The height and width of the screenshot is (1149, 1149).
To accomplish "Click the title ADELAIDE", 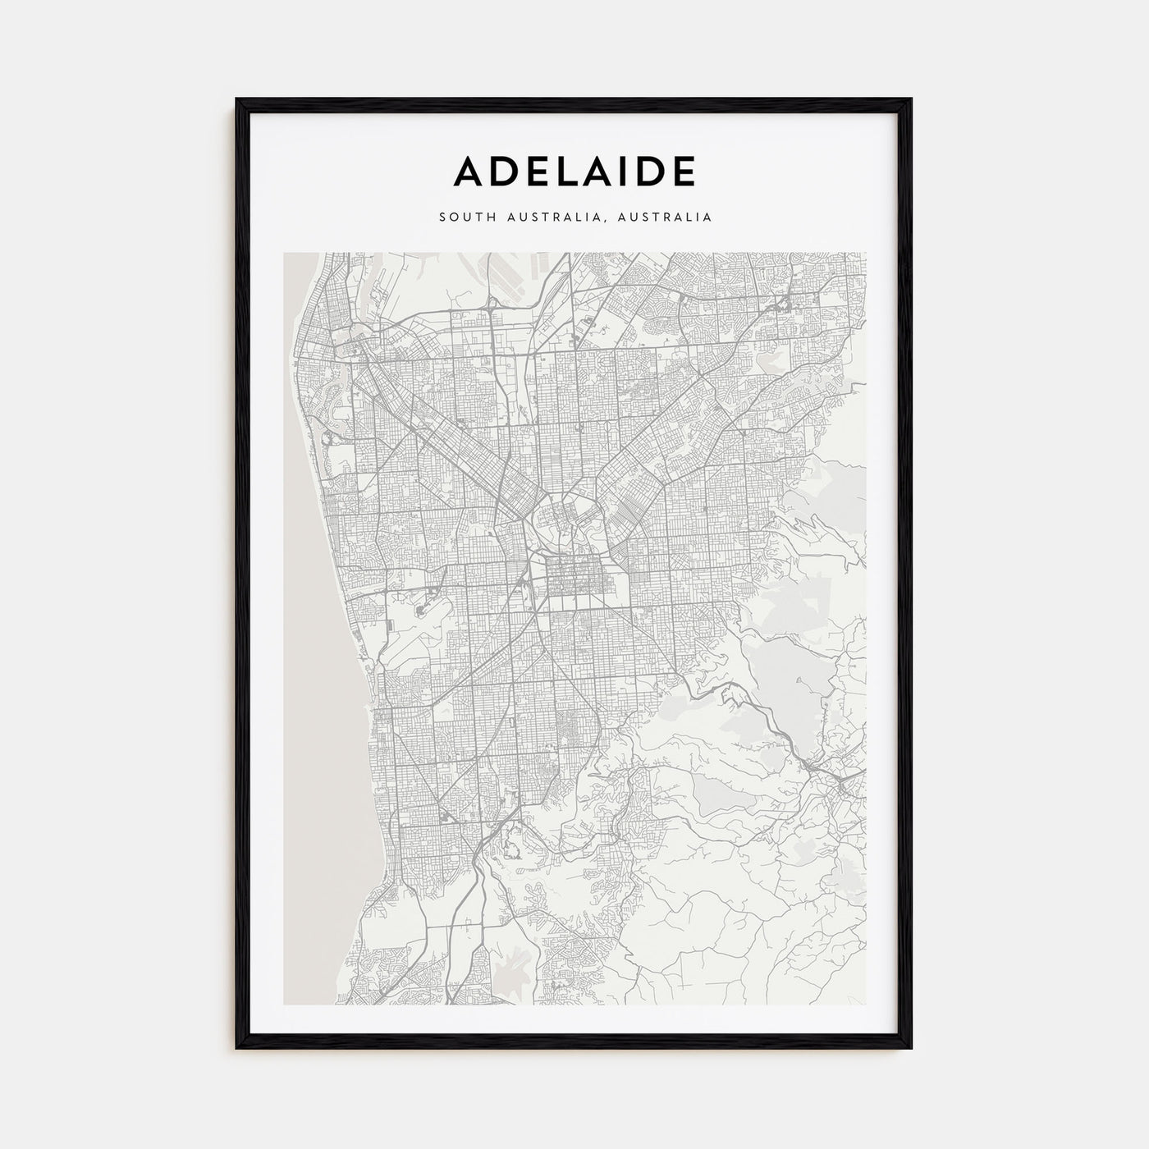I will tap(574, 171).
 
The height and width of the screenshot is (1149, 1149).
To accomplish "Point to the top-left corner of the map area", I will tap(284, 253).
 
